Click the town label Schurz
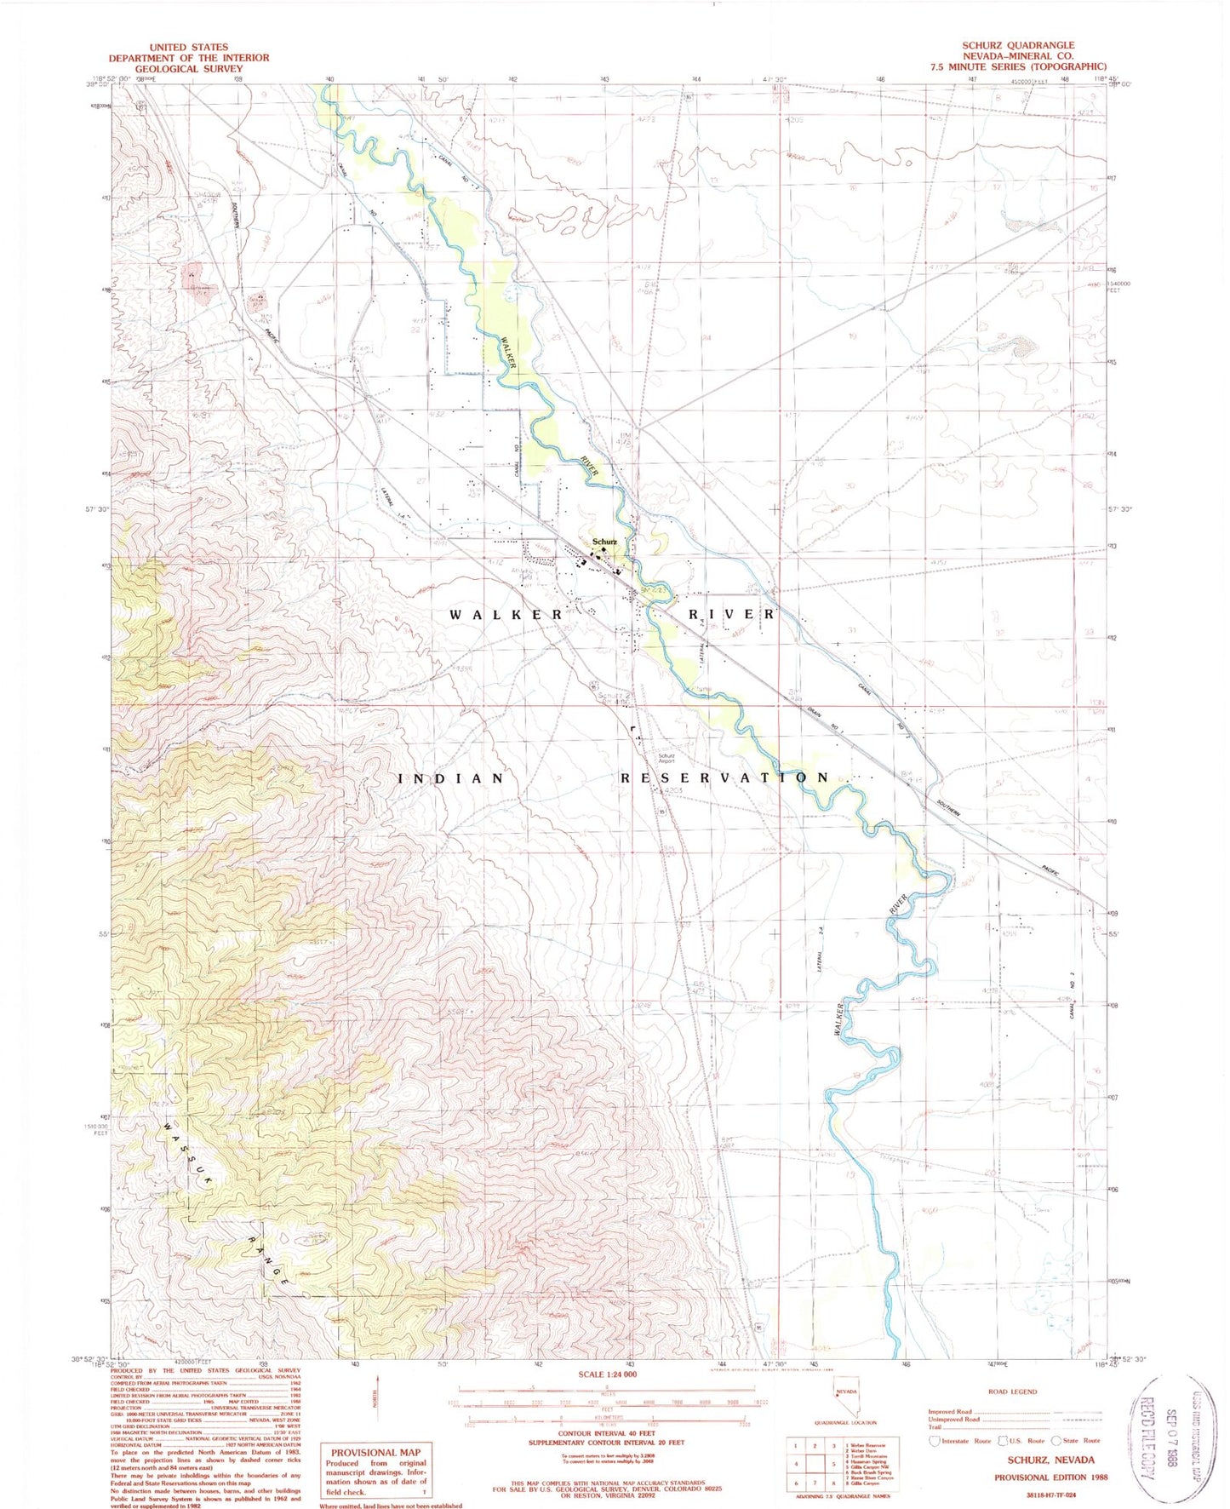(x=604, y=542)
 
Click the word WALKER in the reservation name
(x=506, y=614)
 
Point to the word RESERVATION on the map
(x=724, y=777)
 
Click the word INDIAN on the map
(x=452, y=778)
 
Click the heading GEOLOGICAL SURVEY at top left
(x=188, y=68)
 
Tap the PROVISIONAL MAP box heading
(x=375, y=1453)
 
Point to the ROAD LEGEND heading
(x=1013, y=1391)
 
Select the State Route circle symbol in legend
(x=1056, y=1440)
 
